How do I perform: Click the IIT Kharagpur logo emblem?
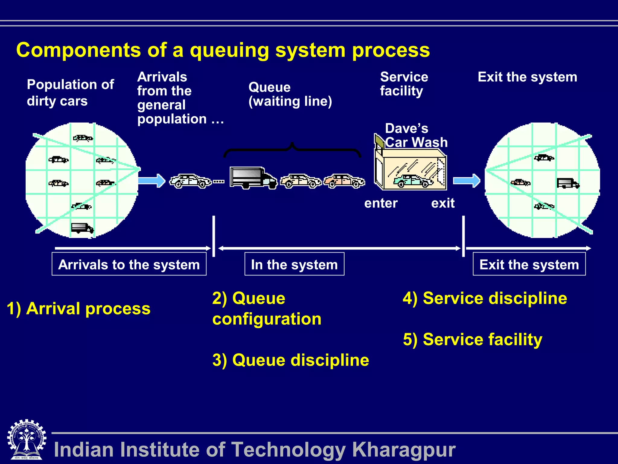[27, 439]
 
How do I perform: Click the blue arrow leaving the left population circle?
[152, 181]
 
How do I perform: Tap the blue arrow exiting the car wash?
[467, 181]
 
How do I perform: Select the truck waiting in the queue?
[253, 178]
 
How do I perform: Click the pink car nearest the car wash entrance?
[344, 181]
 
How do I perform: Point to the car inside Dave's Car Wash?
[413, 181]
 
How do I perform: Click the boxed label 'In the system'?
[294, 264]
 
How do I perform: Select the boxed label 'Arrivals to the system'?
[129, 264]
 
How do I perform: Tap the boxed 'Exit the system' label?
[529, 264]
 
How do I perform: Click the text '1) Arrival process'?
[78, 309]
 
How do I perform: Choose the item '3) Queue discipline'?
[291, 360]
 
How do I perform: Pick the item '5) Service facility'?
[473, 340]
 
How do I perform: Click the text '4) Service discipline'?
[485, 298]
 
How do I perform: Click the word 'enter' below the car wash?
[381, 203]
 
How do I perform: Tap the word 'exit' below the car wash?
[443, 203]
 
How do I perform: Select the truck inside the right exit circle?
[568, 183]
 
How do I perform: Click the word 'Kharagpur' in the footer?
[404, 449]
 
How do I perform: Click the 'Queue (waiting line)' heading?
[290, 94]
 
